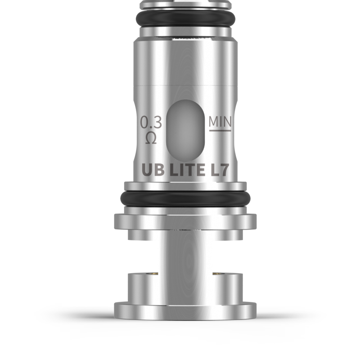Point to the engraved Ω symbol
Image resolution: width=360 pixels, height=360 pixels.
click(151, 138)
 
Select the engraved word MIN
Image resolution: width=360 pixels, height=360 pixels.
click(220, 122)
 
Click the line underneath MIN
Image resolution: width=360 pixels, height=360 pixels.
click(220, 130)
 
